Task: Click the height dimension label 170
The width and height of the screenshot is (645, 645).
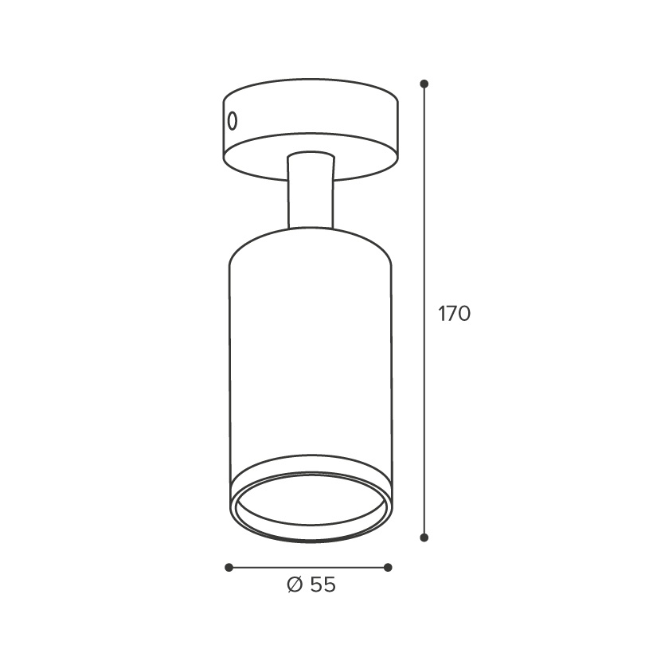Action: click(455, 314)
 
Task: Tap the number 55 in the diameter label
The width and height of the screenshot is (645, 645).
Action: click(323, 584)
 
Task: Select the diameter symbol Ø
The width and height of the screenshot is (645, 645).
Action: click(295, 584)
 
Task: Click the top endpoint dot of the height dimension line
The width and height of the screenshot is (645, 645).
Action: click(424, 84)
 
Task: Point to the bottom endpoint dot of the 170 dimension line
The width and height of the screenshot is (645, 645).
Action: click(424, 537)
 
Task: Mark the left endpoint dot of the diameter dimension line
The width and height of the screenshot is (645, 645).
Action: click(229, 568)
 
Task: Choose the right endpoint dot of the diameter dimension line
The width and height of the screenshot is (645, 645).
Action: click(388, 568)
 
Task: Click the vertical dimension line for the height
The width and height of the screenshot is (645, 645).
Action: click(424, 311)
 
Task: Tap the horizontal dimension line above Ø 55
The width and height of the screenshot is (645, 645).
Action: click(308, 568)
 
